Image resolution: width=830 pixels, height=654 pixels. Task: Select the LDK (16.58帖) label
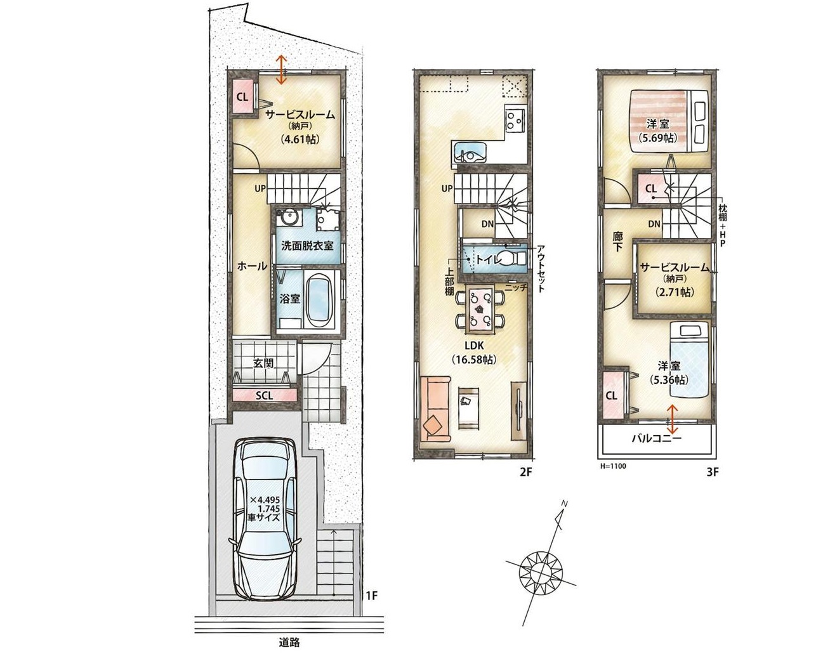point(474,352)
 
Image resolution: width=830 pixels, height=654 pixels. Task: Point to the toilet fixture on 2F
point(508,258)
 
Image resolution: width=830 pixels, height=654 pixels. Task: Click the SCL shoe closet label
point(265,395)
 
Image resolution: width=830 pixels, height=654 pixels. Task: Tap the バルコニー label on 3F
point(656,438)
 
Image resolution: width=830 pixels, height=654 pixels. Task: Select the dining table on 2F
point(480,308)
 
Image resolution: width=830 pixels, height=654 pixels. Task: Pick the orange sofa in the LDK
point(436,409)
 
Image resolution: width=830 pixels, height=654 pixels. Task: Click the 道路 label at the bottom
point(289,643)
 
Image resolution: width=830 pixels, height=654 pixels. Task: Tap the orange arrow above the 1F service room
point(281,69)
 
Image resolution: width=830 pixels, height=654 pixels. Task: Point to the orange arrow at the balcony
point(673,420)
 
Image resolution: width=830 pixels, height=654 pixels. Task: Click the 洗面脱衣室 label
point(307,245)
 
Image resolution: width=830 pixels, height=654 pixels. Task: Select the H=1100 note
point(613,466)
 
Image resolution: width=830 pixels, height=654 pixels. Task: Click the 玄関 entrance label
point(263,363)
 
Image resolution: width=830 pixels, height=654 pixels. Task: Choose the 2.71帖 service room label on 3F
point(675,292)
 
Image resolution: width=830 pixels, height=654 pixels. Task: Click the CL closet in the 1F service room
point(242,97)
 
